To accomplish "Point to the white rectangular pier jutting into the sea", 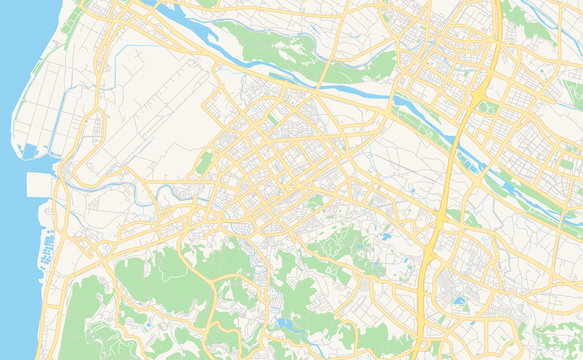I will (x=41, y=185).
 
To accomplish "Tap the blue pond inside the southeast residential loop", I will (x=459, y=299).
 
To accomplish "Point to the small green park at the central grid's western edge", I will (x=205, y=162).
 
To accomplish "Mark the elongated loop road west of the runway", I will (x=96, y=130).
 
